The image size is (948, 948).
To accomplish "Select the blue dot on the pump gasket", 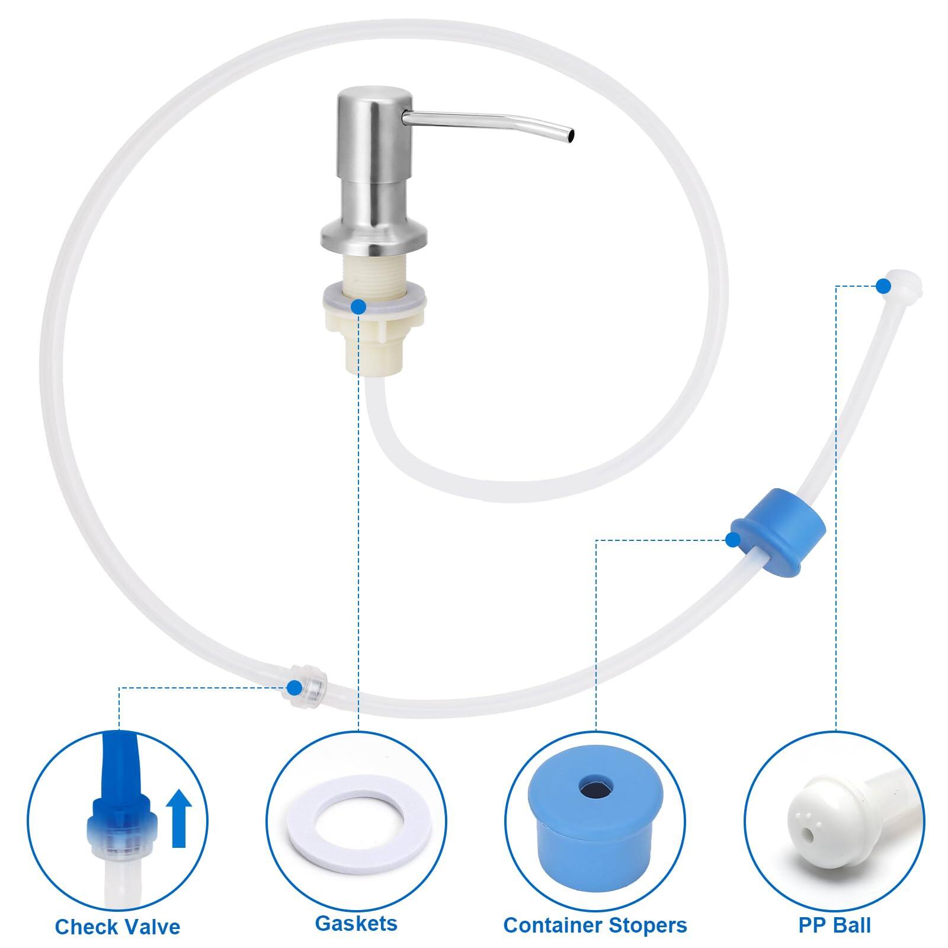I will tap(358, 306).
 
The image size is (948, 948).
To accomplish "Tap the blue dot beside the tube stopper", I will tap(733, 539).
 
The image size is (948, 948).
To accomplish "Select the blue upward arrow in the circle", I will tap(178, 820).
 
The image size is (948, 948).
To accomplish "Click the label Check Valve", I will tap(117, 926).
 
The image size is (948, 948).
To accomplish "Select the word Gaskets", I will tap(355, 923).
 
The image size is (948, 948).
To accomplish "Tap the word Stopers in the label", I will tap(648, 925).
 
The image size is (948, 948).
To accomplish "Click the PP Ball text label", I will tap(834, 925).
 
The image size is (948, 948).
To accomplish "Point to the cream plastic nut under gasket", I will tap(374, 332).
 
